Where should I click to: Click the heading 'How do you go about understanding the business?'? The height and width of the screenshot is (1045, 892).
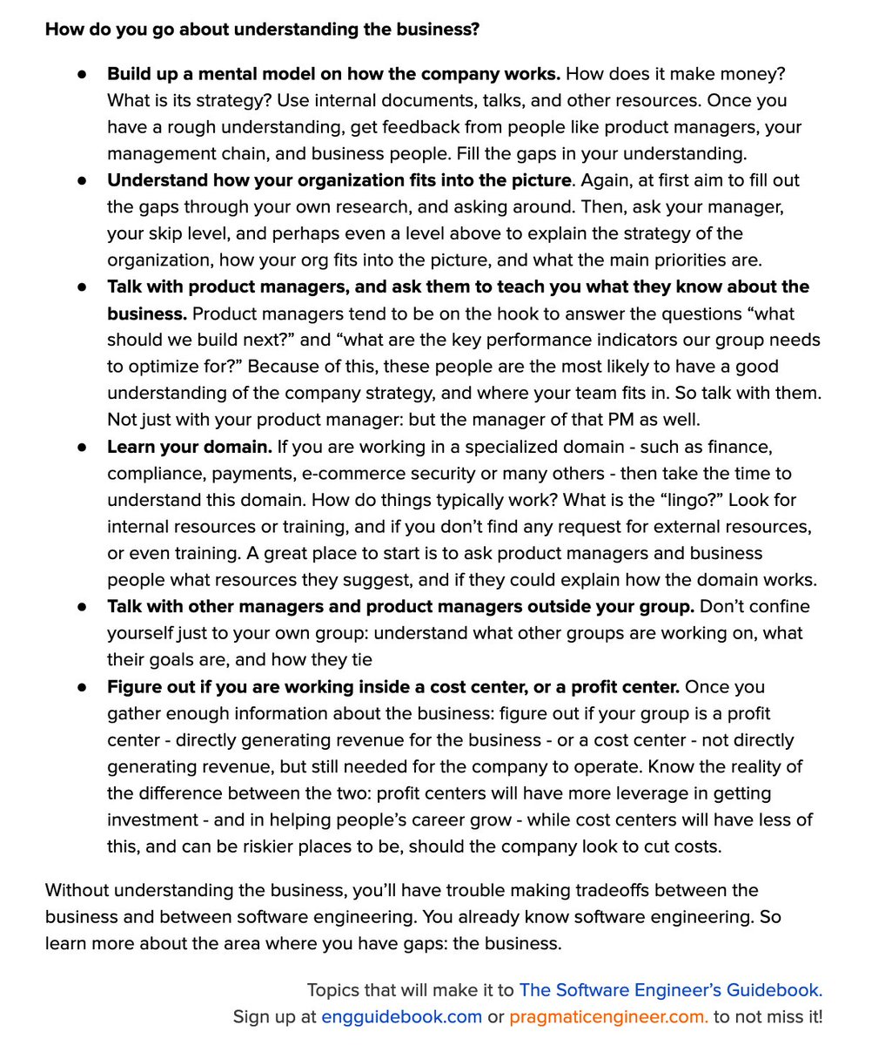tap(262, 29)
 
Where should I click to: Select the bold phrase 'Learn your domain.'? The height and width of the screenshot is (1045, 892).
tap(190, 447)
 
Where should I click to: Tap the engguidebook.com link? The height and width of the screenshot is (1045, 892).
tap(401, 1016)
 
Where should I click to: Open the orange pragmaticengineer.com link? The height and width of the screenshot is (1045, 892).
tap(608, 1016)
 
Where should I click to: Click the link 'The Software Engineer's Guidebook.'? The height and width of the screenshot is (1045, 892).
tap(670, 990)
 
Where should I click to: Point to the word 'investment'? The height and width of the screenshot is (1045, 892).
tap(152, 820)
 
